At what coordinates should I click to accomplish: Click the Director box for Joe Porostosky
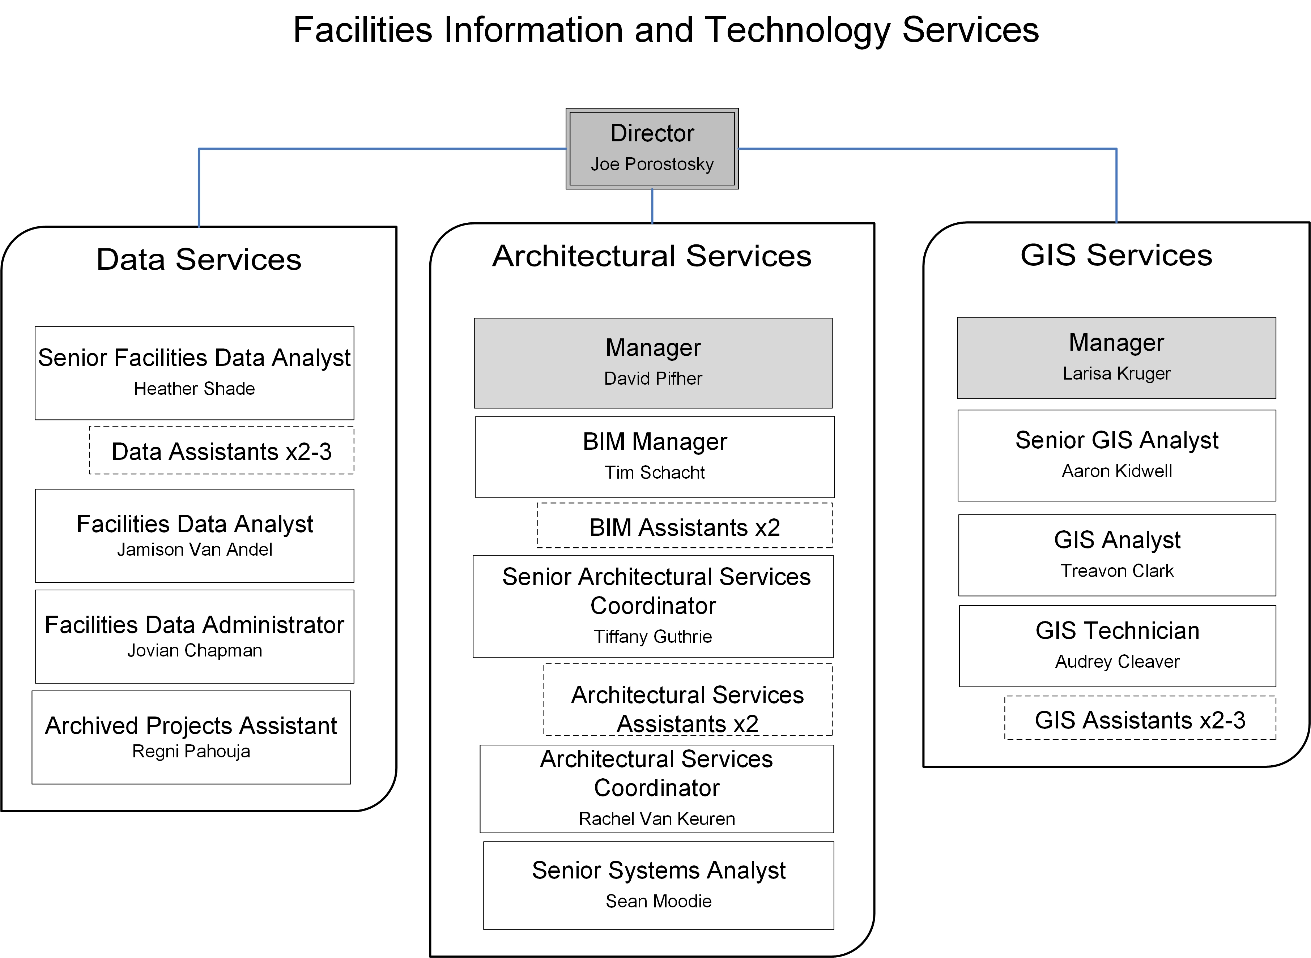coord(652,149)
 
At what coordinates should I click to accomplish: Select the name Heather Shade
coord(194,389)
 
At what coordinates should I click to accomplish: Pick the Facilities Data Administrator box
coord(194,636)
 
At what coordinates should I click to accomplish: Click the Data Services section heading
coord(199,259)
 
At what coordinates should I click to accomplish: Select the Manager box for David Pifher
coord(653,363)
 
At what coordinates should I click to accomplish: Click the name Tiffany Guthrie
coord(652,637)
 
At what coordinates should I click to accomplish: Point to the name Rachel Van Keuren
coord(657,819)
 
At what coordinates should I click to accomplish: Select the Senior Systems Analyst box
coord(659,885)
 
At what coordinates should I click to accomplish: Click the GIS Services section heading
coord(1116,255)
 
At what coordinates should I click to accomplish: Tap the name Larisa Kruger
coord(1116,373)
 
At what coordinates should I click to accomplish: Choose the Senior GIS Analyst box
coord(1116,455)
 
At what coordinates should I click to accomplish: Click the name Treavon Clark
coord(1117,571)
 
